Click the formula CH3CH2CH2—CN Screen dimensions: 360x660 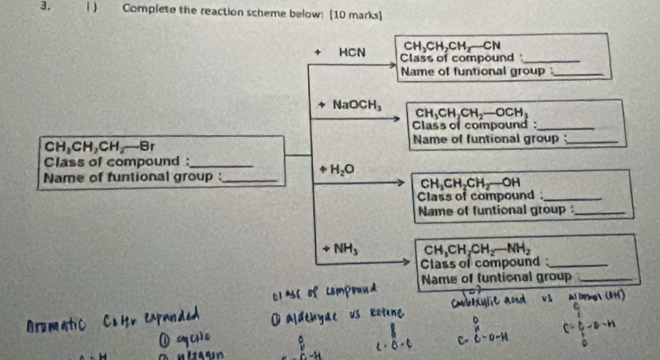click(x=452, y=46)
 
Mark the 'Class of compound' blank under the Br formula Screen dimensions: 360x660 click(x=225, y=166)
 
